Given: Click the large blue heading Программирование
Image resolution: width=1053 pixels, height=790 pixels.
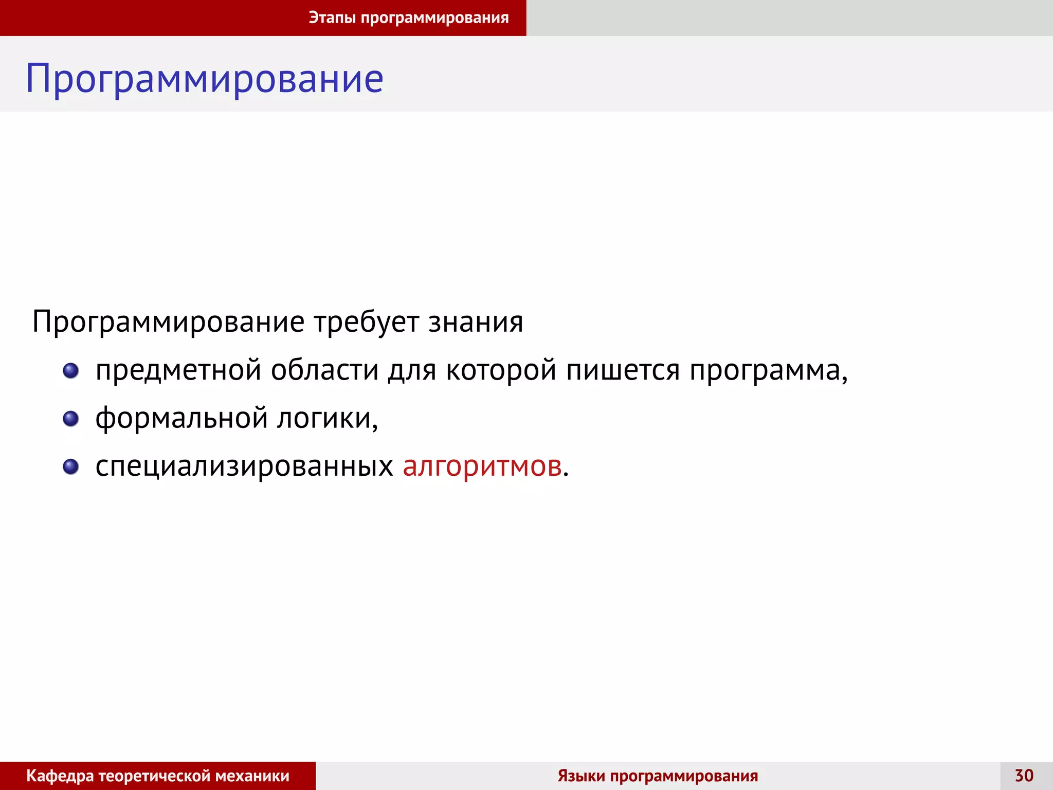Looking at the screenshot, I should (205, 79).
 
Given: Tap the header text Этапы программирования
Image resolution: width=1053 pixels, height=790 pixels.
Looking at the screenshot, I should (409, 17).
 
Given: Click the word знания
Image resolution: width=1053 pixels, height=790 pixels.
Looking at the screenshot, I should (476, 322).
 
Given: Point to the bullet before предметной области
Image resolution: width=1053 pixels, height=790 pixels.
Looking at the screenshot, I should (70, 370).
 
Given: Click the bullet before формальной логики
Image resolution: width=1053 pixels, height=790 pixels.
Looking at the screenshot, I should (70, 419).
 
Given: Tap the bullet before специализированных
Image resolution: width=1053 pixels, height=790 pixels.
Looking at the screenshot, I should (70, 466).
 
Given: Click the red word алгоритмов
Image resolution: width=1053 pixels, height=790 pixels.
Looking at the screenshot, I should (482, 466).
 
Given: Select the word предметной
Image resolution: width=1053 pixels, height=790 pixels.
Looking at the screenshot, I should (178, 370).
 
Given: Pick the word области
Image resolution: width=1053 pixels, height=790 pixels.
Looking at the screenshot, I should (324, 370).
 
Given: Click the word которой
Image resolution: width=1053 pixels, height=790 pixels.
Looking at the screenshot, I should (501, 370).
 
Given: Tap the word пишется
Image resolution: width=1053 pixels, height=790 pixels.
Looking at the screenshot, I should (623, 370).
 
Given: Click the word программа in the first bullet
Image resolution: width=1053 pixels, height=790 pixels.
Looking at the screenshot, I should (765, 370).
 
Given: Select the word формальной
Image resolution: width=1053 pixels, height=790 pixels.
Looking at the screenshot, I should (181, 418).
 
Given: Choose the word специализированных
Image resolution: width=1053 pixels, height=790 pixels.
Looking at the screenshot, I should (244, 466).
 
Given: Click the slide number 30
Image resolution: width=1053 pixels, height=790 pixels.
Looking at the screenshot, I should (1024, 776).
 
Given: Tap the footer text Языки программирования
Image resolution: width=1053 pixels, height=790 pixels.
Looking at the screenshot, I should (658, 776).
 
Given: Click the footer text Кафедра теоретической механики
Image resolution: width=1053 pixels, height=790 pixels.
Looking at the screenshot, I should (158, 776).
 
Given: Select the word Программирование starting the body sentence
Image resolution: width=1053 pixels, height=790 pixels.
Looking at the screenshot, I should (168, 322).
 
